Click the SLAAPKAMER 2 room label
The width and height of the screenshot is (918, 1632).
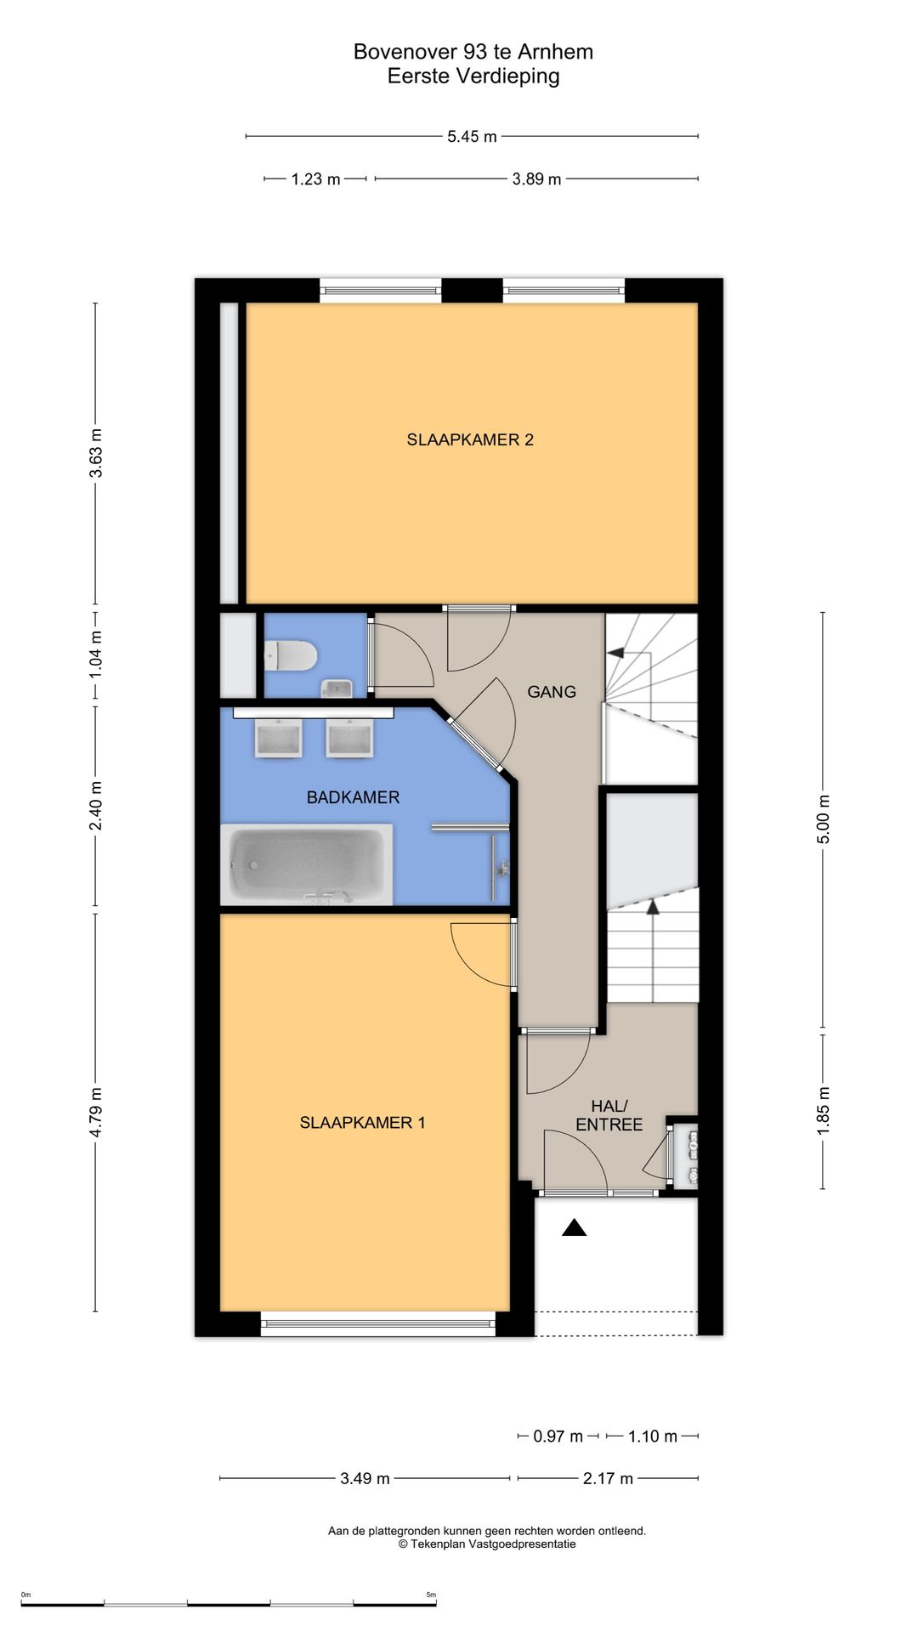[x=470, y=439]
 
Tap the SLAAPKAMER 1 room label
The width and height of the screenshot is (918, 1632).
[x=362, y=1122]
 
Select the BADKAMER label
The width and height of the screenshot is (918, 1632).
[x=353, y=797]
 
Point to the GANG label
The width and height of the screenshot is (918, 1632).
[x=552, y=692]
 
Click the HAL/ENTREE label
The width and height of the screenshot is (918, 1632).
[x=609, y=1115]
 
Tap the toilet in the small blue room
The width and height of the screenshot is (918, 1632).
[x=291, y=656]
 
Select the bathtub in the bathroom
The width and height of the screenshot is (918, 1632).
[x=307, y=864]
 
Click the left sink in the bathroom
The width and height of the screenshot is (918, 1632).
[x=279, y=738]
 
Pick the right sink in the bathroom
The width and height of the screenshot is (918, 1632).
[x=350, y=738]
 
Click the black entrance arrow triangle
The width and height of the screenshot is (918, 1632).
[x=575, y=1227]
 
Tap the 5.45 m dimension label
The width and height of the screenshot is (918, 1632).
[x=472, y=136]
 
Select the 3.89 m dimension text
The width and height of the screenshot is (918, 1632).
[x=536, y=178]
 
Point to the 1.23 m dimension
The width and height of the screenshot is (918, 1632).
[x=315, y=178]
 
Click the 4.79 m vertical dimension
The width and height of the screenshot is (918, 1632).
[x=95, y=1112]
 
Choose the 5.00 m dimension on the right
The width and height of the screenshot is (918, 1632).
[x=823, y=819]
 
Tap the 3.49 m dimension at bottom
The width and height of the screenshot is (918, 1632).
[x=365, y=1478]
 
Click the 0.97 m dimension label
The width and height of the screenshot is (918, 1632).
[x=558, y=1436]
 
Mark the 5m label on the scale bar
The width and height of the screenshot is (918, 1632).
[x=431, y=1595]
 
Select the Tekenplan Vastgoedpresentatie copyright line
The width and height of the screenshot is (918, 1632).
[x=487, y=1544]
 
